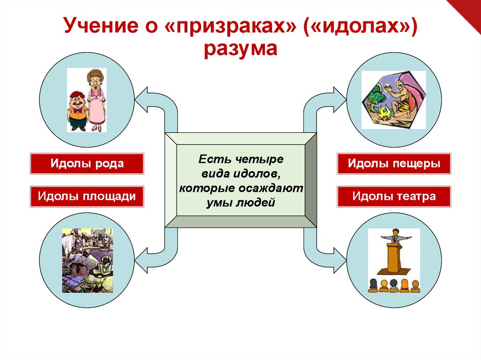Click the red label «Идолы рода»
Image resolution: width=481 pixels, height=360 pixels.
click(x=87, y=164)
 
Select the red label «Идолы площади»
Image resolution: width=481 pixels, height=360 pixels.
click(x=87, y=196)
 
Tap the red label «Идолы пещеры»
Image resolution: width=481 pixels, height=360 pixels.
click(x=394, y=164)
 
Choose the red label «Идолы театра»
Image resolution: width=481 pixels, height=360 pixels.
click(x=394, y=196)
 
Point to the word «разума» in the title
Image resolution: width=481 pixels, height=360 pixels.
click(x=240, y=48)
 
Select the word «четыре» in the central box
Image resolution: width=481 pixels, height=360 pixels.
click(x=263, y=160)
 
